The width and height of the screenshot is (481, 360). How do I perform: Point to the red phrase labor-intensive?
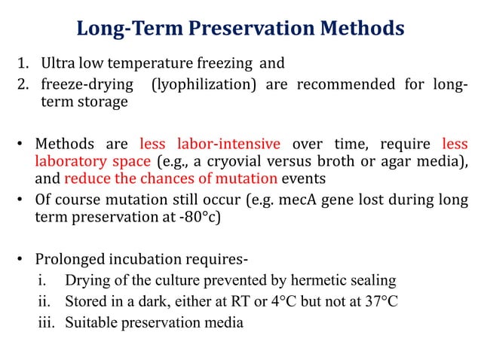coord(229,144)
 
